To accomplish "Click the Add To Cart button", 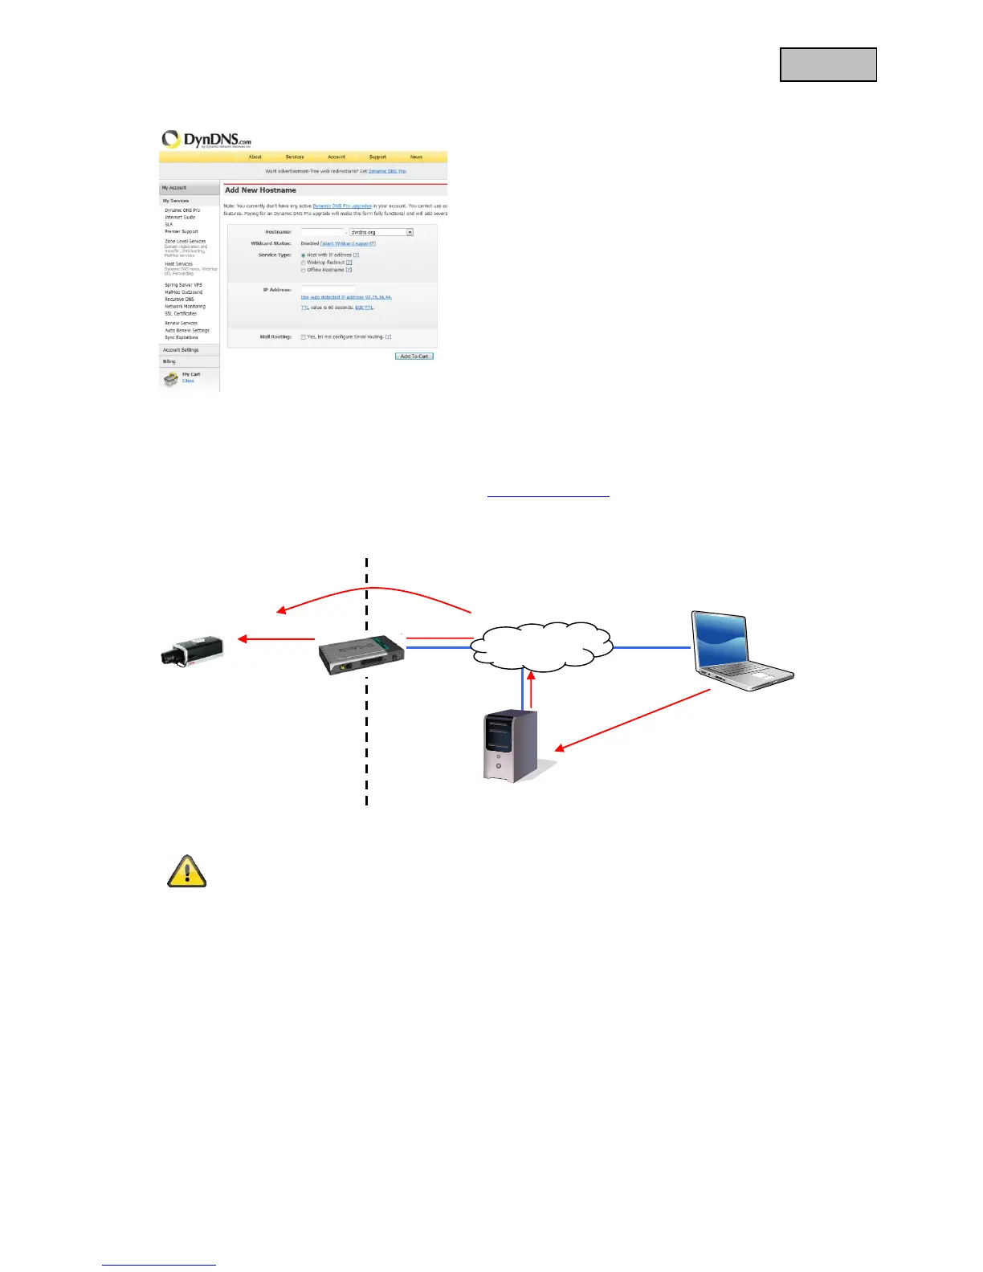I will pos(414,356).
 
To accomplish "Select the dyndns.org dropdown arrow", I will pos(410,232).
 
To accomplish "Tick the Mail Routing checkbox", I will pos(304,337).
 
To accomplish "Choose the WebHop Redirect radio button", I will pos(304,263).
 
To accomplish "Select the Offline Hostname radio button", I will pos(304,270).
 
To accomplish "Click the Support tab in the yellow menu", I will pos(377,157).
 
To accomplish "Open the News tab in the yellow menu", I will pos(416,157).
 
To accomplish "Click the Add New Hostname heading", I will pos(261,190).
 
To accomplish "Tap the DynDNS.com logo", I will pos(207,140).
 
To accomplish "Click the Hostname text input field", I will pos(322,232).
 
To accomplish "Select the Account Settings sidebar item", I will pos(181,350).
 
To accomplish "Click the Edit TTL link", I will pos(365,308).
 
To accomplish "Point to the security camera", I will pos(191,650).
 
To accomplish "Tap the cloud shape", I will pos(542,645).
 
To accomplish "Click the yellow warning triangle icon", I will pos(187,872).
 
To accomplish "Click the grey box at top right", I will pos(828,65).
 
